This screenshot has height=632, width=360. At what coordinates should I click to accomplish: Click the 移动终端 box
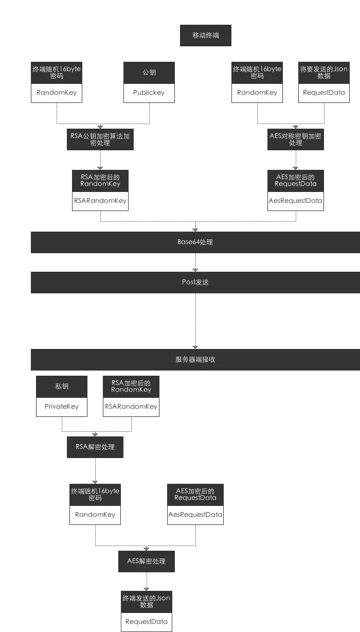[206, 36]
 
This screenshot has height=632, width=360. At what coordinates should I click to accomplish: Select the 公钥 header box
[149, 73]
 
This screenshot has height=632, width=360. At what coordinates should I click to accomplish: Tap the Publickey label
[149, 93]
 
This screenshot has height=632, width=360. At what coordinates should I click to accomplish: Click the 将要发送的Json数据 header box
[324, 73]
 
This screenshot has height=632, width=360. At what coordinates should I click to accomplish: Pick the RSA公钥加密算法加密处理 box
[100, 139]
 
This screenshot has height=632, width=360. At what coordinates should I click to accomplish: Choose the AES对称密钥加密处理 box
[295, 139]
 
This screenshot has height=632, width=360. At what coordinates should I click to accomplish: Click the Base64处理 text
[195, 242]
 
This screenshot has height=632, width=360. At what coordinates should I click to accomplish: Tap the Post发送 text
[195, 282]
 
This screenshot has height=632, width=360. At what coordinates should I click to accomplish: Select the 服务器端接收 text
[195, 359]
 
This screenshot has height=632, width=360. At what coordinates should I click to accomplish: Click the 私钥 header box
[62, 387]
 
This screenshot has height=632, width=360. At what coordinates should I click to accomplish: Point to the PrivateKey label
[62, 406]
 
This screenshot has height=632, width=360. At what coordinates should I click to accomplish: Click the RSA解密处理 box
[95, 447]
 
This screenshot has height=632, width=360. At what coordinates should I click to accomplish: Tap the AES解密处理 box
[147, 561]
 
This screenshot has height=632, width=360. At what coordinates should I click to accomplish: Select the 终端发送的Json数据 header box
[147, 602]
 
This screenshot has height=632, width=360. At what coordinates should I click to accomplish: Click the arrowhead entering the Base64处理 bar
[195, 230]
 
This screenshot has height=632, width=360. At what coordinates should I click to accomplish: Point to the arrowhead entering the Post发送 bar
[195, 270]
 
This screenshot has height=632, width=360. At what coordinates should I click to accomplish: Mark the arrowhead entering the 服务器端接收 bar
[195, 347]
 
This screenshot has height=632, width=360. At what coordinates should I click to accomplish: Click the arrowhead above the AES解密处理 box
[146, 549]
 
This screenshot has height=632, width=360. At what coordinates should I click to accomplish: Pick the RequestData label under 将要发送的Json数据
[324, 93]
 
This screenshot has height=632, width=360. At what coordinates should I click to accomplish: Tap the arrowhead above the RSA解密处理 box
[95, 435]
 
